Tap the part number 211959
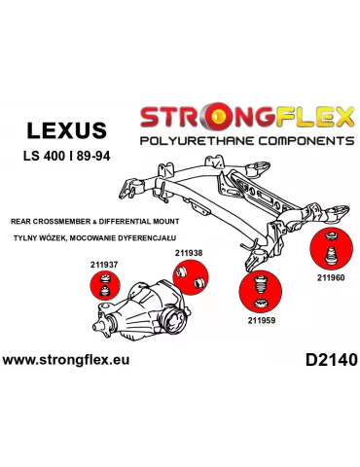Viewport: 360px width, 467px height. [x=262, y=317]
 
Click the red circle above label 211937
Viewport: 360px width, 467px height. [x=104, y=289]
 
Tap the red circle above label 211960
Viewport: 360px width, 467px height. [x=326, y=249]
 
